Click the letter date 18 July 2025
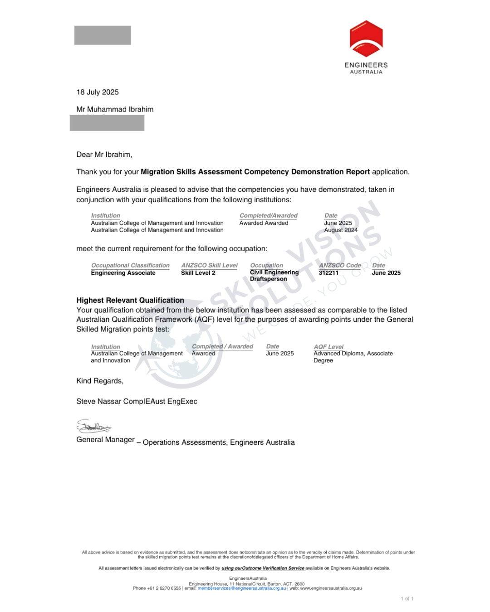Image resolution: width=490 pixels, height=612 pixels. coord(98,92)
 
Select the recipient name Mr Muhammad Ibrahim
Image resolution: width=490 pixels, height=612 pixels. coord(115,109)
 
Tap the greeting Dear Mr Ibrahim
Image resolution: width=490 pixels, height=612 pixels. coord(104,155)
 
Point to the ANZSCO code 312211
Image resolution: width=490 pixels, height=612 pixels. coord(328,273)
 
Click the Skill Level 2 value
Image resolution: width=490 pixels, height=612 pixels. coord(198,273)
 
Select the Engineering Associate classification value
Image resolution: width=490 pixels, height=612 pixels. coord(123,273)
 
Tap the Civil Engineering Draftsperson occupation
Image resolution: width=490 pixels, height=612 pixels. coord(274,276)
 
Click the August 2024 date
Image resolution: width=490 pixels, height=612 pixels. coord(341,230)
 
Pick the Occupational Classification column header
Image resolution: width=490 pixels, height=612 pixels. coord(130,265)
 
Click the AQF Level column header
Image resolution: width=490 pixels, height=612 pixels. coord(328,347)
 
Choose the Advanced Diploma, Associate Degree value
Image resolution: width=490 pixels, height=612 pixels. coord(353,357)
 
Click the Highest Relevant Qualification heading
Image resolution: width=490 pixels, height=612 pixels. coord(130,300)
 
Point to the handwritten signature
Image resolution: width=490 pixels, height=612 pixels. coord(93,427)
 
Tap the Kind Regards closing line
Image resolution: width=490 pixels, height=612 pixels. coord(100,381)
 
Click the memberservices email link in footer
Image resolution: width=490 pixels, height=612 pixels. coord(242,588)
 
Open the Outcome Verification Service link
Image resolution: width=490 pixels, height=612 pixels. coord(263,568)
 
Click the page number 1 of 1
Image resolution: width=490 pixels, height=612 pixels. coord(407,599)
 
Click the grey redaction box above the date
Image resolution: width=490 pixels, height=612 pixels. coord(103,35)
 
